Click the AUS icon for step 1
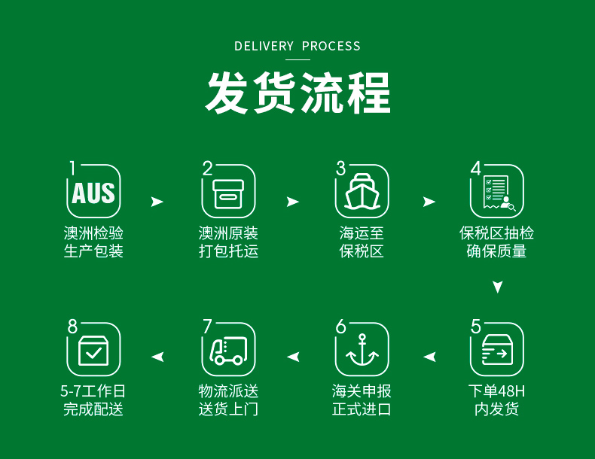[93, 192]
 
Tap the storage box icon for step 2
[228, 193]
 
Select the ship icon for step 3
[362, 193]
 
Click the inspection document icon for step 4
[497, 193]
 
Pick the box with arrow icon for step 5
[497, 351]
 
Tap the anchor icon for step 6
[362, 351]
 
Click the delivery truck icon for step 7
[228, 351]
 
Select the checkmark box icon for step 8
[93, 351]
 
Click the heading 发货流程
[298, 93]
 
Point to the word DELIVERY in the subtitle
[264, 47]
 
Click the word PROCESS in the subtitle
[331, 47]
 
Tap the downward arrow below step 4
[497, 287]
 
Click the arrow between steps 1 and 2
[157, 202]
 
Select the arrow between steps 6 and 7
[293, 357]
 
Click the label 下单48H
[497, 391]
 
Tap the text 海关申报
[362, 391]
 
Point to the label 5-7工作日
[93, 391]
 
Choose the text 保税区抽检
[497, 233]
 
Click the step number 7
[208, 327]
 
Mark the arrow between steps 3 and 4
[429, 202]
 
